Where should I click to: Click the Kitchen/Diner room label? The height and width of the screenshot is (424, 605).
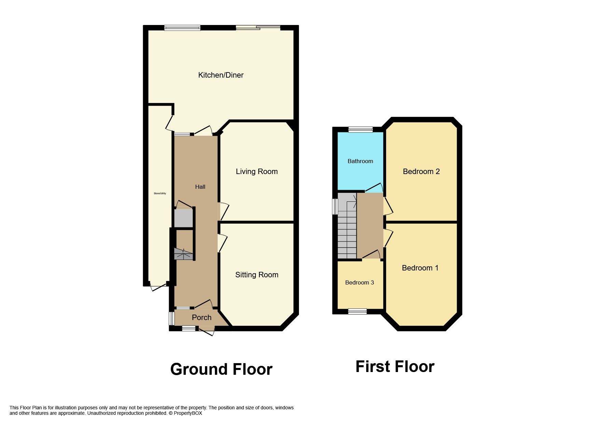point(221,75)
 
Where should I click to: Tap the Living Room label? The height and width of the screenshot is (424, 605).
point(257,172)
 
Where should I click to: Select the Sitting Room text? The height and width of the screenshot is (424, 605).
point(257,275)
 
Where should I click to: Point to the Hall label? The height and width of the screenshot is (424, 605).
point(200,187)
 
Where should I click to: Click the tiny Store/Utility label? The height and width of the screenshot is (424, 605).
point(160,194)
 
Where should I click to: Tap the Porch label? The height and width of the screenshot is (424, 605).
point(202,318)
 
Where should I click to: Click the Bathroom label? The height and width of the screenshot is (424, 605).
point(360,161)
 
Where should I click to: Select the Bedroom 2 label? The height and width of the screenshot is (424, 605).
point(421,172)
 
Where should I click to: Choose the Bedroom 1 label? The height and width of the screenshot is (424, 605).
point(420,268)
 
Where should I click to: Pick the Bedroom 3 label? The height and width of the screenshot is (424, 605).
point(359,282)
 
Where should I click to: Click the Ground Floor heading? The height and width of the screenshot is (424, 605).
point(221,370)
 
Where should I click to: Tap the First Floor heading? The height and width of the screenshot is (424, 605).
point(395,367)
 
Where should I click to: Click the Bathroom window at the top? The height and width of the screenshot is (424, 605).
point(360,130)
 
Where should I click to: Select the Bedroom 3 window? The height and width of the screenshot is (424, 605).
point(357,312)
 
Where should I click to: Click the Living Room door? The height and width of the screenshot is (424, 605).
point(223,211)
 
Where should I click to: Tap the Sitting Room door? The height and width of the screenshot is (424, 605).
point(222,243)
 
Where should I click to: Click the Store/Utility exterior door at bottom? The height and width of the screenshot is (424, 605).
point(158,288)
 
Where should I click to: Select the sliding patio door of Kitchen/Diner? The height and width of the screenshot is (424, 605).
point(258,28)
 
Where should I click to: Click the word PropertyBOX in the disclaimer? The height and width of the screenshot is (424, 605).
point(188,413)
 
